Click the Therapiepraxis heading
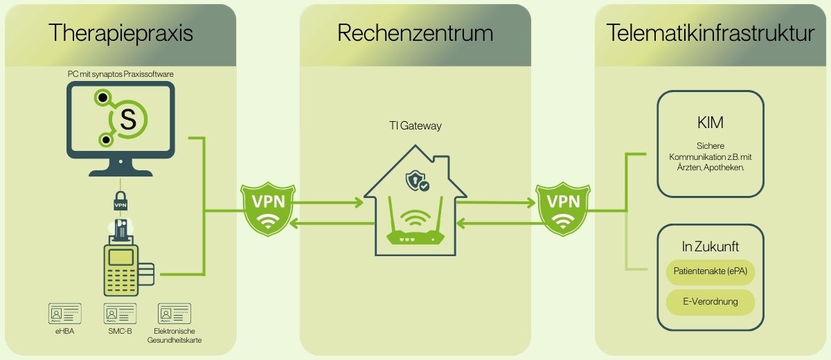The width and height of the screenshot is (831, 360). click(120, 33)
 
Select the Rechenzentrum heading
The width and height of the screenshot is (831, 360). click(415, 33)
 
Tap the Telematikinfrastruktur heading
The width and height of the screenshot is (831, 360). click(711, 33)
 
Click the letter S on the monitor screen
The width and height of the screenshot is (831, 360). click(128, 118)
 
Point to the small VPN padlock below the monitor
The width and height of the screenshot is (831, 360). click(120, 201)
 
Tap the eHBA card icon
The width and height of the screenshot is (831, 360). click(64, 314)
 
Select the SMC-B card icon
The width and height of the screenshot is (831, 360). click(120, 314)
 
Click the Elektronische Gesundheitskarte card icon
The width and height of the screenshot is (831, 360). click(175, 314)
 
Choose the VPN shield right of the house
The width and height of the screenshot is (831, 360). click(564, 208)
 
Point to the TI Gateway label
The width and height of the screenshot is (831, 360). click(413, 126)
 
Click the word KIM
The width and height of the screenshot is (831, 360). click(711, 123)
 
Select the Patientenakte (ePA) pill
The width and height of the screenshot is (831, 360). click(711, 273)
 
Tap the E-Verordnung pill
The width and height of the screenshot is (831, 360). click(711, 302)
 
